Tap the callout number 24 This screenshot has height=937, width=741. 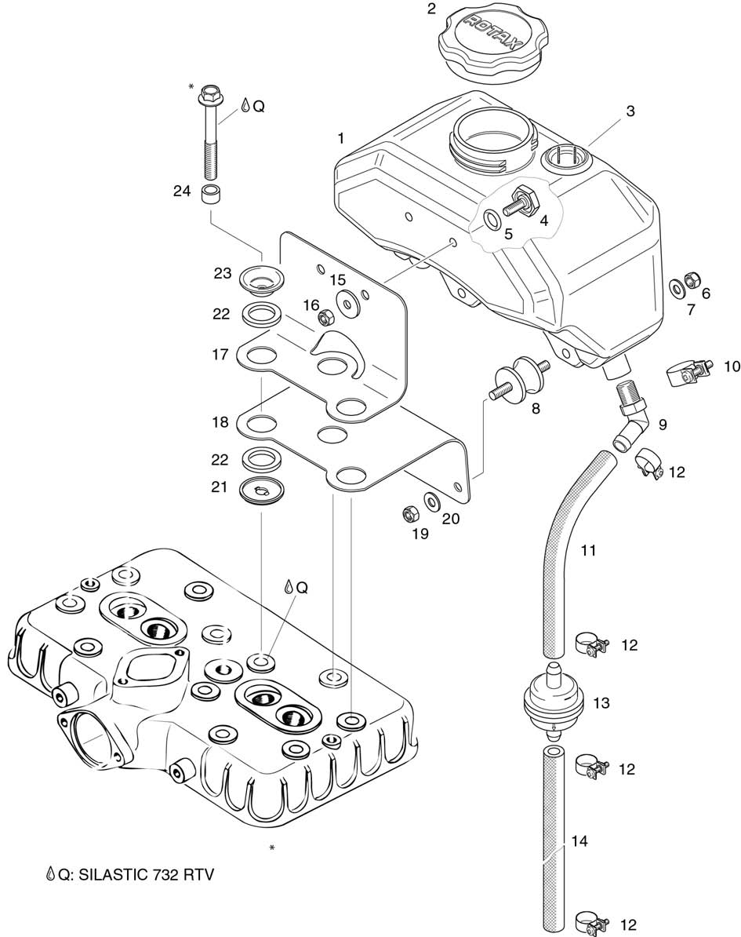(182, 190)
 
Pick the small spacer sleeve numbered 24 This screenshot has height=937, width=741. (210, 195)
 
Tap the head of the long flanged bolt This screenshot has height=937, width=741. (209, 96)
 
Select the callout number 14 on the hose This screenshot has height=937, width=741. (579, 842)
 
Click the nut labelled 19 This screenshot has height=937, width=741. (409, 514)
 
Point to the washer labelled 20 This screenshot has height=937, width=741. (431, 501)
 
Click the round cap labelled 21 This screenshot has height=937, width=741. (260, 490)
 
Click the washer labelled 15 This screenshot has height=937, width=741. (345, 301)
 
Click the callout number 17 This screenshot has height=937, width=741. (220, 355)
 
